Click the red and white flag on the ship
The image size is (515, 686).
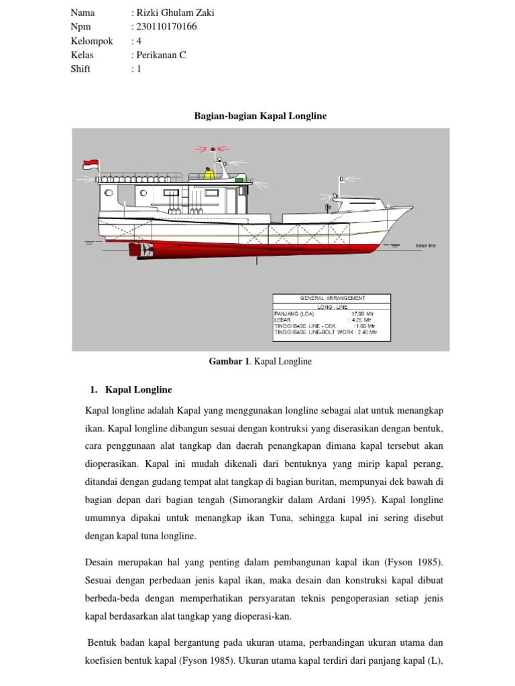(x=90, y=164)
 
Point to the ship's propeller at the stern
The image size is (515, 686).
(x=144, y=249)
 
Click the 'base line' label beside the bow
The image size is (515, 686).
(x=426, y=246)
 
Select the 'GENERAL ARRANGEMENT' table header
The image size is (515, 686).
(x=331, y=297)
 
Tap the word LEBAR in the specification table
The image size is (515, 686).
(x=284, y=320)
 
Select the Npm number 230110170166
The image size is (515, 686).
(x=166, y=27)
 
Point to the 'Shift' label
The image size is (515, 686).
(x=80, y=69)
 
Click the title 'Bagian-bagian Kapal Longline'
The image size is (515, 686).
(x=260, y=116)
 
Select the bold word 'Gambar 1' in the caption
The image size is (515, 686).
(x=228, y=362)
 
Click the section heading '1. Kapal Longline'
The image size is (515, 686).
(x=131, y=389)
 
